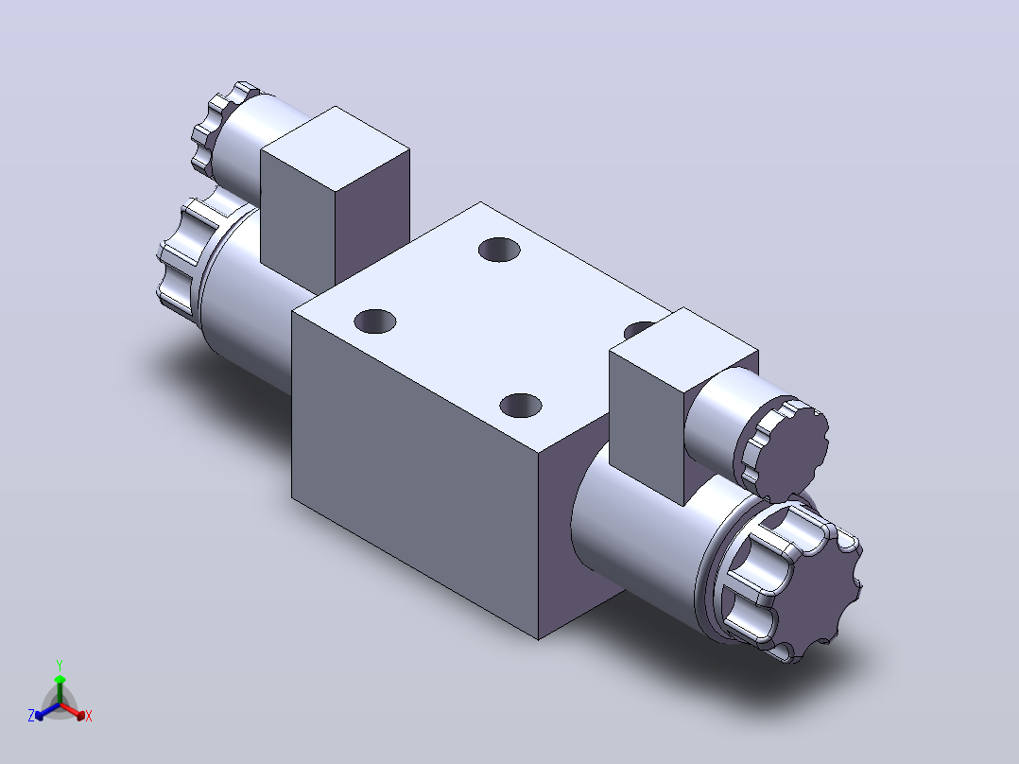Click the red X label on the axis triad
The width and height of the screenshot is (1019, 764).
tap(89, 716)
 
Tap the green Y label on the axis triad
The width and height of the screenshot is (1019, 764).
tap(60, 665)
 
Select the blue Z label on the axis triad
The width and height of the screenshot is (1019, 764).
tap(31, 715)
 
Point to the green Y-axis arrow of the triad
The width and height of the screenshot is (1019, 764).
tap(60, 689)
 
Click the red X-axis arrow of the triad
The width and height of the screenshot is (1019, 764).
tap(73, 710)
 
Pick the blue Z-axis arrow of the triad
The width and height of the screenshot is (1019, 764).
tap(48, 710)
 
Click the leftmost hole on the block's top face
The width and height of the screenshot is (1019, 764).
tap(375, 321)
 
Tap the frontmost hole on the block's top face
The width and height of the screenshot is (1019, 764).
tap(521, 406)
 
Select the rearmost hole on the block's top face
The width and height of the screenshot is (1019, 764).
tap(499, 250)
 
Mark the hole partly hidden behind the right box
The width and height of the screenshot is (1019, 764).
tap(639, 329)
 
